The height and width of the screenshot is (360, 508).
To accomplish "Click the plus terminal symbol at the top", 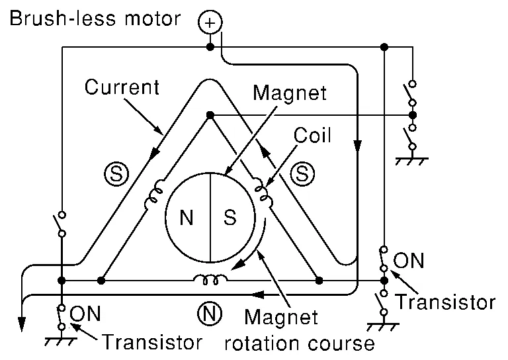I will tap(210, 23).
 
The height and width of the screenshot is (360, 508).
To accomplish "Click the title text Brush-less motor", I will tap(93, 18).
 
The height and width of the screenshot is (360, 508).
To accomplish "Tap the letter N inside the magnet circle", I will tap(187, 218).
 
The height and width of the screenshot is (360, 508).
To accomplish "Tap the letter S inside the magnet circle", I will tap(230, 218).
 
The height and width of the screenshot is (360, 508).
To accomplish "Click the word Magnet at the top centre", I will tap(289, 92).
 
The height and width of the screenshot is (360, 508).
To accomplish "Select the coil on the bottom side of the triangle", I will tap(211, 280).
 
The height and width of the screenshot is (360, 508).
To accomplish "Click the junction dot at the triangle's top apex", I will tap(210, 115).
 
